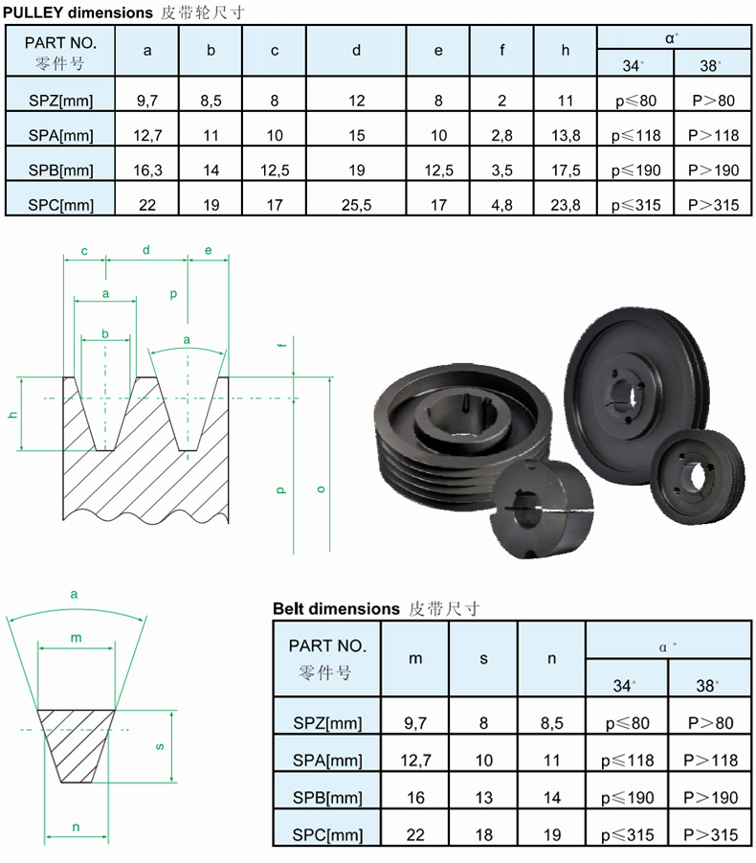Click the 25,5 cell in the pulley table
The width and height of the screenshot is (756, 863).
(x=356, y=205)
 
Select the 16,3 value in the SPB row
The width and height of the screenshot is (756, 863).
(x=147, y=170)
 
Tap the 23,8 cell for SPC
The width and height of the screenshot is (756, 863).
(x=566, y=205)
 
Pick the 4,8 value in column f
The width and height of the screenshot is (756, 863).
(x=501, y=205)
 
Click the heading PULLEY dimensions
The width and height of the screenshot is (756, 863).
(x=78, y=12)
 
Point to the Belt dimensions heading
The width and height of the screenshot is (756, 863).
(x=336, y=609)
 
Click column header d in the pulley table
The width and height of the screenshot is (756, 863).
(x=356, y=51)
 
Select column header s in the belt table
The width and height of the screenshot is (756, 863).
(x=483, y=659)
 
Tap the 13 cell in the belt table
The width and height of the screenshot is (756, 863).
(x=483, y=798)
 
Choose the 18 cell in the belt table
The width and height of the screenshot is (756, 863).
(x=483, y=835)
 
